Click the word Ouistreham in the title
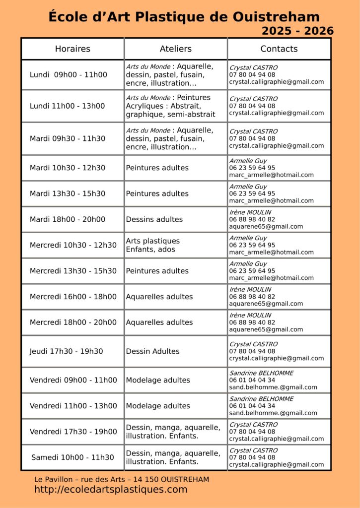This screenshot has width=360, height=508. pos(282,17)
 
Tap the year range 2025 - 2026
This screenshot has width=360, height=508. pos(297,31)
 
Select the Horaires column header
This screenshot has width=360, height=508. pos(72,49)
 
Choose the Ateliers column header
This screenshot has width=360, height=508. pos(175,49)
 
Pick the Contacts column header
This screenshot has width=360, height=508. pos(279,49)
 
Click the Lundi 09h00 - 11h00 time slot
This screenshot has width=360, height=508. pos(68,75)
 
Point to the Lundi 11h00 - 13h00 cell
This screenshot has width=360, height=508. pos(67,106)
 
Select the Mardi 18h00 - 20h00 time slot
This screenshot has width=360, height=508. pos(67,219)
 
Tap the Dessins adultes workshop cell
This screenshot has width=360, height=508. pos(154,219)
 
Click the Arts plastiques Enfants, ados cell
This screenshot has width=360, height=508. pos(152,245)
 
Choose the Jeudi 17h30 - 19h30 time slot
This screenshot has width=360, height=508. pos(66,351)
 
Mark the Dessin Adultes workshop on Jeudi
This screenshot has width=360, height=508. pos(152,351)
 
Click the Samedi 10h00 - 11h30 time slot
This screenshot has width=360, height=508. pos(72,457)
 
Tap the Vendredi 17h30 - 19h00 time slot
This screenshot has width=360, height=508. pos(73,432)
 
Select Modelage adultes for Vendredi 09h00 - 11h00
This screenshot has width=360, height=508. pos(158,380)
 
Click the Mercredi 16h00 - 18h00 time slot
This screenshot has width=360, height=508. pos(73,297)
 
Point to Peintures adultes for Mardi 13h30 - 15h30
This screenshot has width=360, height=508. pos(157,193)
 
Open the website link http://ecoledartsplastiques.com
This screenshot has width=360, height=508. pos(111,490)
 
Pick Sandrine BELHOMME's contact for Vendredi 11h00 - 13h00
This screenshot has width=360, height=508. pos(273,406)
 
